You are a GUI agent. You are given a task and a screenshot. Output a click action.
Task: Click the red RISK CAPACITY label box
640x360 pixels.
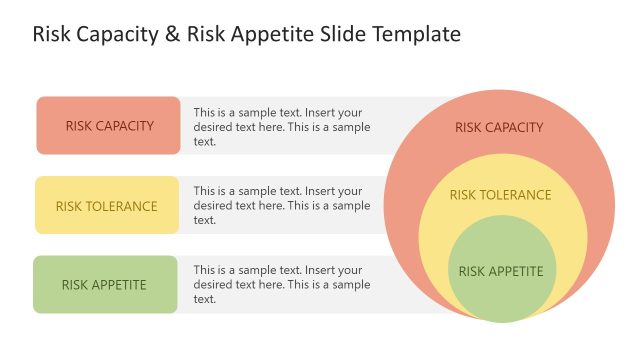click(108, 126)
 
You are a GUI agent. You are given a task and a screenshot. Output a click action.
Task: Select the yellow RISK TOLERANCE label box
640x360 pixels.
click(107, 206)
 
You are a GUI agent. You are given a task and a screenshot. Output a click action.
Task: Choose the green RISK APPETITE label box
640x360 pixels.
click(104, 285)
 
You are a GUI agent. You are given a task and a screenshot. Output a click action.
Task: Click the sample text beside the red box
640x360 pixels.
click(282, 127)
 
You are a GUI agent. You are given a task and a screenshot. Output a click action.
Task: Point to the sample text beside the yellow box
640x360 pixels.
click(282, 205)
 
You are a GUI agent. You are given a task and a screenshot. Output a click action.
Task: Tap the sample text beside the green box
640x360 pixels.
click(282, 284)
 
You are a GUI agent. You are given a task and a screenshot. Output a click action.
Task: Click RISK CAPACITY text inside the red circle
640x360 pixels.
click(499, 127)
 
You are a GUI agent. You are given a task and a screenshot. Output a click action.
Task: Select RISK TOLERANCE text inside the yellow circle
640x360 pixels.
click(500, 195)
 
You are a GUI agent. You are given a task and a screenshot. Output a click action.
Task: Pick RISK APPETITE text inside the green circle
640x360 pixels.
click(501, 271)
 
